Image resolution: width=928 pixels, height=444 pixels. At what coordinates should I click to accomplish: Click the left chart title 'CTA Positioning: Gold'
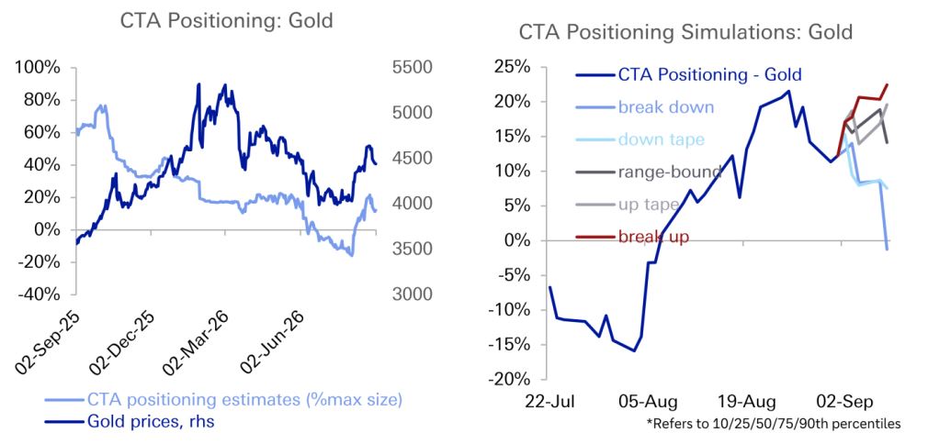coord(227,21)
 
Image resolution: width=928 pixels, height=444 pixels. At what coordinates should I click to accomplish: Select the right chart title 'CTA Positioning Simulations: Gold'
coord(686,31)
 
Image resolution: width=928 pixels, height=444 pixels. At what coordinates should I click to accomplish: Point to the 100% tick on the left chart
coord(39,68)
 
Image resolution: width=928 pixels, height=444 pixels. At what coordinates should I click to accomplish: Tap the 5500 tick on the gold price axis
coord(412,68)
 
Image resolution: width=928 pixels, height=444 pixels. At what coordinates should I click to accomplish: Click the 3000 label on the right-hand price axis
coord(412,294)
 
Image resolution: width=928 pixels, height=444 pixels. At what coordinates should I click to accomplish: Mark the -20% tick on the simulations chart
coord(510,379)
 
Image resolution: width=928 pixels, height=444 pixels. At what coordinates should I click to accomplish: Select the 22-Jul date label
coord(551,403)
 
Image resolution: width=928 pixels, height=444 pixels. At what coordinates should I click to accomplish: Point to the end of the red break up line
coord(888,84)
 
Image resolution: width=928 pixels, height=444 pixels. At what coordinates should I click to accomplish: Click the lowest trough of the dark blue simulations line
coord(635,350)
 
